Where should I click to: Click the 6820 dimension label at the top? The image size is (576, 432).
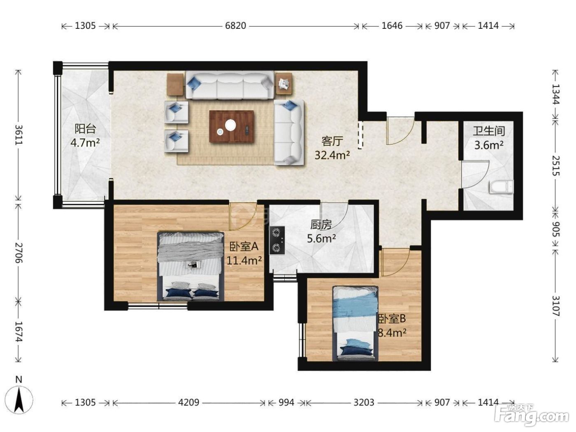[235, 26]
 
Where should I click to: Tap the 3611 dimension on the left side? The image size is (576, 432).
[19, 135]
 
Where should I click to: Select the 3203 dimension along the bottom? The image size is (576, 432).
[364, 402]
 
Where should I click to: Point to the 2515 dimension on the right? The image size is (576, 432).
[555, 166]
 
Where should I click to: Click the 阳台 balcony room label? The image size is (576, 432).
[85, 129]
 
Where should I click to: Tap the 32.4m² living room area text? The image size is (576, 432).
[332, 155]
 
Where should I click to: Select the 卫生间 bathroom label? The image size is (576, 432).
[489, 131]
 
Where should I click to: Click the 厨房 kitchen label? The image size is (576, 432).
[321, 225]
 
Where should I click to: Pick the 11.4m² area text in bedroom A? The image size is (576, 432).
[244, 260]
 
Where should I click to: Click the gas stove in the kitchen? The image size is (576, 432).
[277, 240]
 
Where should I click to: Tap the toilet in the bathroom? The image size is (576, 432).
[501, 187]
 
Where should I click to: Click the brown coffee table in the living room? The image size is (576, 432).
[232, 126]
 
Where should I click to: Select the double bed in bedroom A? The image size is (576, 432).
[190, 266]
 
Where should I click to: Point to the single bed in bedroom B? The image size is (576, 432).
[355, 323]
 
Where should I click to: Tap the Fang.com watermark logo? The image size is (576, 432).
[534, 417]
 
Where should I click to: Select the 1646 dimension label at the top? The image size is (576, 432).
[392, 26]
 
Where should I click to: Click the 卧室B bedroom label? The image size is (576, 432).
[392, 319]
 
